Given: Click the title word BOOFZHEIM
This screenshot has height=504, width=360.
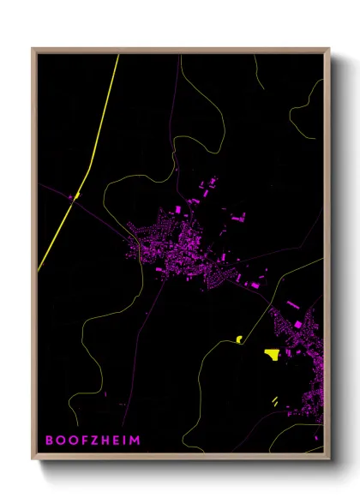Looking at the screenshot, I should [93, 441].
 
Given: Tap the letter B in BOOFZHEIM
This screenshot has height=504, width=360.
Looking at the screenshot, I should [50, 441].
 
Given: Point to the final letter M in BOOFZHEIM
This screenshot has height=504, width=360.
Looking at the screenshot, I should [135, 441].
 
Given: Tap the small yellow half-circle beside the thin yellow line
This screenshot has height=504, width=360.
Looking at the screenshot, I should [239, 340].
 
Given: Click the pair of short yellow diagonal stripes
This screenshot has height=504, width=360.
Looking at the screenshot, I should [274, 400].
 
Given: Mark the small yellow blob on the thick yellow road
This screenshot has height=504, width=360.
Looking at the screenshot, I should [75, 196].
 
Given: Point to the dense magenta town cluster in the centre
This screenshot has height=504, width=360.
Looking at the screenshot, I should [184, 249].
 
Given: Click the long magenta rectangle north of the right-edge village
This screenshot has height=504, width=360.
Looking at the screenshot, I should [292, 304].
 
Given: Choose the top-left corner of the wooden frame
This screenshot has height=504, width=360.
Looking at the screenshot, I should [33, 49].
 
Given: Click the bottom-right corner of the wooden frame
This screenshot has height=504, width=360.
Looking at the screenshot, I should [328, 458].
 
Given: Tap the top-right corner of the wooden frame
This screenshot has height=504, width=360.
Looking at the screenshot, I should [328, 49].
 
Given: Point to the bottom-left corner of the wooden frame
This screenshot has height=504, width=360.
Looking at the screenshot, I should [33, 458].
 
